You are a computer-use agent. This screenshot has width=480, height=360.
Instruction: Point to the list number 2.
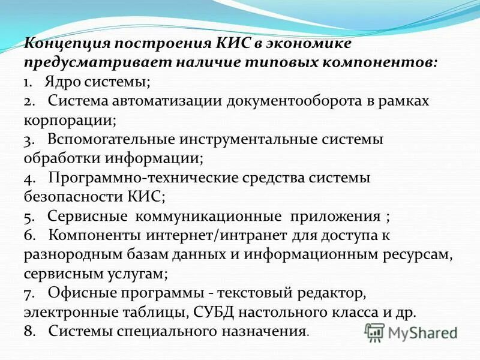point(29,101)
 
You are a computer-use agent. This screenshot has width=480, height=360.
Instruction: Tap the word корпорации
point(68,119)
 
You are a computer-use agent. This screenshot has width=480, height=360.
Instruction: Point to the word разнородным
point(70,254)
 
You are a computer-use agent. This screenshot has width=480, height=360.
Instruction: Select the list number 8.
point(29,331)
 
